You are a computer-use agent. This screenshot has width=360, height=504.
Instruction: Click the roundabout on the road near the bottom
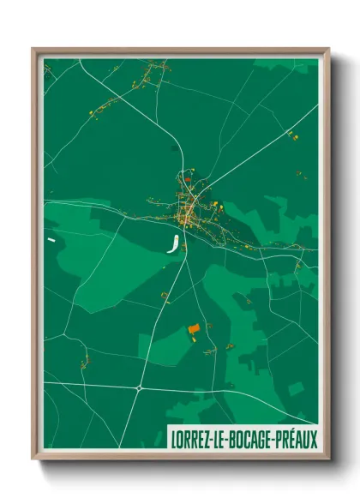pyautogui.click(x=138, y=387)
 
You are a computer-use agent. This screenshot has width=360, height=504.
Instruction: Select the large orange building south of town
pyautogui.click(x=193, y=328)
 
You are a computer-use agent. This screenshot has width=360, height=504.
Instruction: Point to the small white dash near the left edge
pyautogui.click(x=51, y=241)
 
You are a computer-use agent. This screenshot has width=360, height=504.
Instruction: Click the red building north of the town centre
pyautogui.click(x=184, y=181)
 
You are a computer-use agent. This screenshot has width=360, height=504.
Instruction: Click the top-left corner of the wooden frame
pyautogui.click(x=34, y=50)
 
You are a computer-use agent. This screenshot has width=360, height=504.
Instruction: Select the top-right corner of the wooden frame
pyautogui.click(x=327, y=50)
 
